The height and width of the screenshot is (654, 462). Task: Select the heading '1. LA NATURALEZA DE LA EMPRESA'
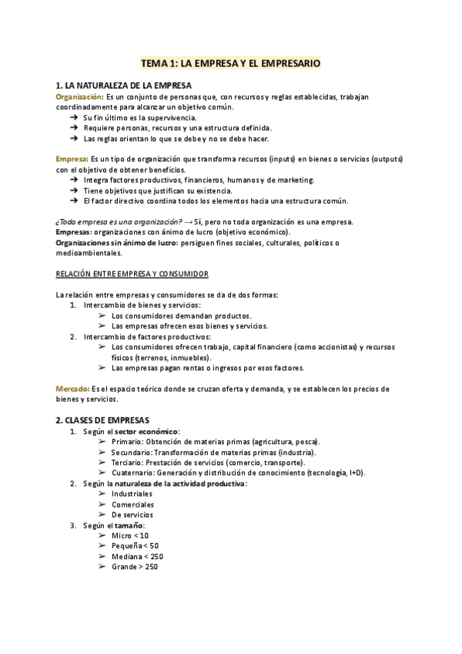(x=124, y=85)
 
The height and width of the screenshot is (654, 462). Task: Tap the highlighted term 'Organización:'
(x=79, y=96)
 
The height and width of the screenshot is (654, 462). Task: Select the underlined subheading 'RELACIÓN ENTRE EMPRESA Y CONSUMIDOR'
(x=132, y=274)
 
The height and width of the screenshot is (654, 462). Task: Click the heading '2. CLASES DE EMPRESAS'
(x=102, y=420)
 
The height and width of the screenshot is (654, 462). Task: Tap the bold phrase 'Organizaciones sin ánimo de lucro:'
(x=117, y=242)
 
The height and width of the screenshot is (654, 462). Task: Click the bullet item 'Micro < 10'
(x=129, y=535)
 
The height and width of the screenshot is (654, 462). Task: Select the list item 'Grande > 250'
(x=134, y=567)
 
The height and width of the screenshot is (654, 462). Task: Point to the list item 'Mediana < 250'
(x=136, y=556)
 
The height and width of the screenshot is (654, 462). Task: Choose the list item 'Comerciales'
(x=132, y=504)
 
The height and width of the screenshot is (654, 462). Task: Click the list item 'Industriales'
(x=132, y=494)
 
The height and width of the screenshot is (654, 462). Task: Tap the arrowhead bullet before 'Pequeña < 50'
(x=102, y=546)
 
